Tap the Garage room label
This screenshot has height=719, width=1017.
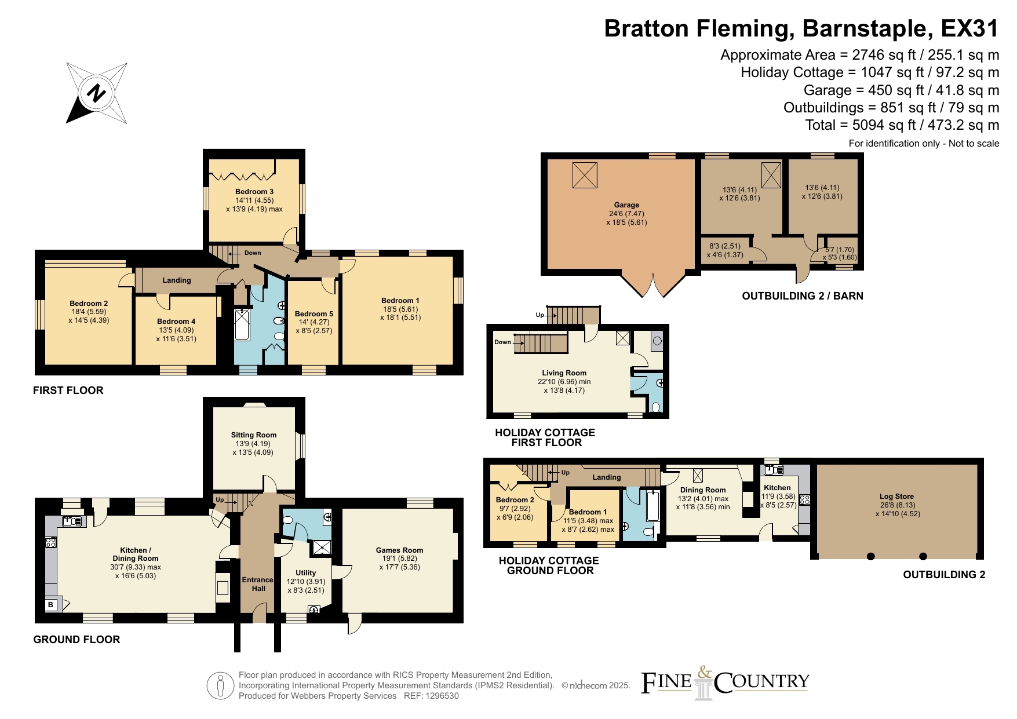click(626, 205)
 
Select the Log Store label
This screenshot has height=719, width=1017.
click(896, 497)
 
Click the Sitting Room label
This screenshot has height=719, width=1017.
click(254, 435)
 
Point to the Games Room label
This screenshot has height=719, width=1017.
click(399, 550)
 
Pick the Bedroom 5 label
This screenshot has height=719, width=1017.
click(314, 314)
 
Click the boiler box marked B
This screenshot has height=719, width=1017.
click(51, 605)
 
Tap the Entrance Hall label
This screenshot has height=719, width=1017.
click(258, 584)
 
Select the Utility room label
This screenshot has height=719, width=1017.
click(306, 573)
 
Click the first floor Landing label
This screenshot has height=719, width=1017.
click(177, 280)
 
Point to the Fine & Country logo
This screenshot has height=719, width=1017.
click(725, 682)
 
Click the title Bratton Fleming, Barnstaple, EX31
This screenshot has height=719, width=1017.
click(801, 28)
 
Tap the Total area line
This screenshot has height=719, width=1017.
click(902, 125)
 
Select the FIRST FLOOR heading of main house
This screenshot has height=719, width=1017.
click(68, 390)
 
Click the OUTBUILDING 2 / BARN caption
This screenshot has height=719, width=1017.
click(803, 296)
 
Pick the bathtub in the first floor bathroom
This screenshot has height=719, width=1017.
click(242, 324)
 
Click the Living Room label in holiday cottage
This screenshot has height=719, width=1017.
click(564, 373)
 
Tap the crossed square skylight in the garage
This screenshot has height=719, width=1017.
click(585, 175)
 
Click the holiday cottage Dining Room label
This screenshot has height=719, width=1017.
click(703, 490)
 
